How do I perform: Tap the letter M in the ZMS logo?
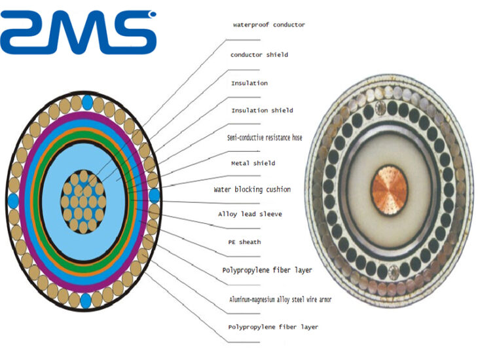point(77,32)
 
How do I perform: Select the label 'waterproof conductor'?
point(268,25)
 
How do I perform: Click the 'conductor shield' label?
point(259,54)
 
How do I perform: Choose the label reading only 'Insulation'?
point(249,84)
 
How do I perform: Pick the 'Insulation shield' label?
point(262,110)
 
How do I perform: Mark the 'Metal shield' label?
point(253,163)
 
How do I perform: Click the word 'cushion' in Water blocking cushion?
point(276,190)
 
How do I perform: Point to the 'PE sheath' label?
point(240,242)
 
